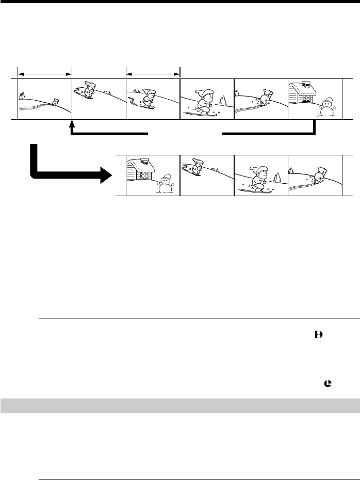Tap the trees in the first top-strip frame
click(22, 95)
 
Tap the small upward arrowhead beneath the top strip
click(72, 124)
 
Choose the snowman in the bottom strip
click(165, 183)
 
